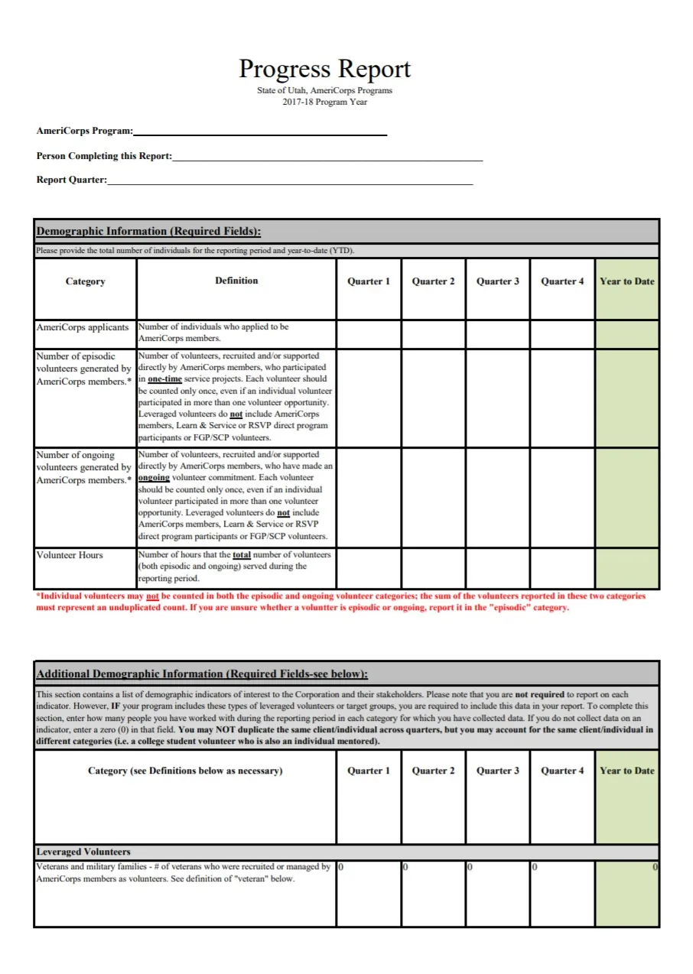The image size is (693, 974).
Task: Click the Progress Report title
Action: pos(324,70)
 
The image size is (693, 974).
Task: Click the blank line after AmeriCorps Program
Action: pos(260,131)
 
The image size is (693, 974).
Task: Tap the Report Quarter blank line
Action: pos(290,180)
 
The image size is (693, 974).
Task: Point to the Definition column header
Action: pos(236,281)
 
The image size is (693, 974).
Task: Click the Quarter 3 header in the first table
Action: pos(497,281)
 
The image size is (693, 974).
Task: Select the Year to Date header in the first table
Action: pos(626,281)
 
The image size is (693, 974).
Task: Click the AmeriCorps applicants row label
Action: pos(83,327)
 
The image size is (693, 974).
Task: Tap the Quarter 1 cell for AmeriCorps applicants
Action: pos(369,334)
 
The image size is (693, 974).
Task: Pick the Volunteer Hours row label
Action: pos(70,555)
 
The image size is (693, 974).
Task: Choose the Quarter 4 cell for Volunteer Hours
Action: pos(562,568)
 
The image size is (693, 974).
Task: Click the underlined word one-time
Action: pos(164,379)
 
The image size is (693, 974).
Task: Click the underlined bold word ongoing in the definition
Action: pos(154,478)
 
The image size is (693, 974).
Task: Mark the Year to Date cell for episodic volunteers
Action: pos(626,398)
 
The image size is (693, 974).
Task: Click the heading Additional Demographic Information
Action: pos(202,674)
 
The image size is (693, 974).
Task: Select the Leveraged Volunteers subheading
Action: pos(83,852)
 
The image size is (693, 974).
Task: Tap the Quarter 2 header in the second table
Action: pos(433,771)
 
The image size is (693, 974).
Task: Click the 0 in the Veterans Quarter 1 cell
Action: pos(341,868)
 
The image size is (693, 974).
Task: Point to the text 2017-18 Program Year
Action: pos(324,102)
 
